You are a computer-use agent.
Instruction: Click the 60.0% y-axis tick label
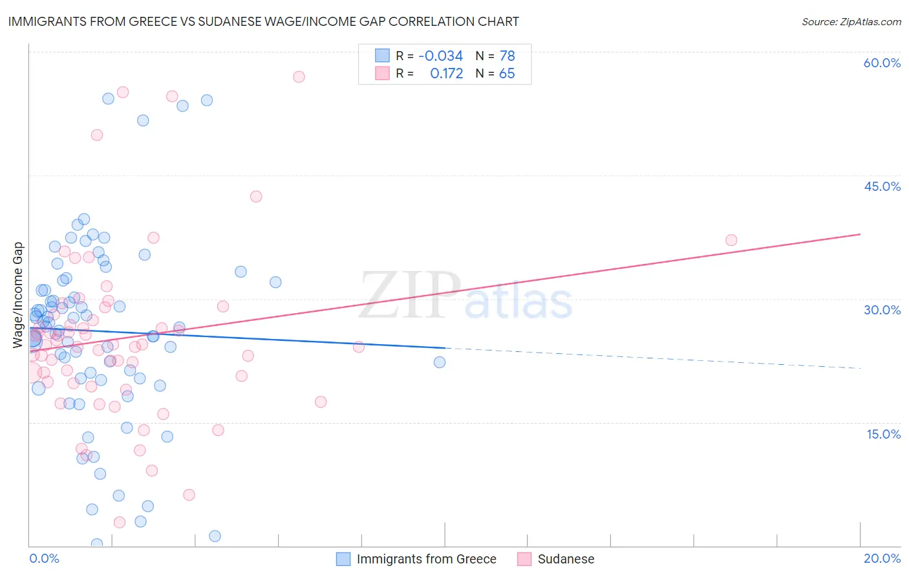click(882, 63)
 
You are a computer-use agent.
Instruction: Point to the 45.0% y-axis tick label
click(882, 186)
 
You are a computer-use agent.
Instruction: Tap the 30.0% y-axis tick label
click(882, 310)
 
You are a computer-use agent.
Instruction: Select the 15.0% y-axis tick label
click(883, 434)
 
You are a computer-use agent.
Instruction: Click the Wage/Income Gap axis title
click(18, 295)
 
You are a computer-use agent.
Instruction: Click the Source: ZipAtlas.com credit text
click(851, 22)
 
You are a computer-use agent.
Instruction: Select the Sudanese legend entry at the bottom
click(565, 560)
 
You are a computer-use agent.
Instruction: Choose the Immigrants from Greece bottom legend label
click(426, 560)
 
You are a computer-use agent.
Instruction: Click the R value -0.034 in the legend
click(440, 56)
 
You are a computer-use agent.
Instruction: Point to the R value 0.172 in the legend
click(446, 74)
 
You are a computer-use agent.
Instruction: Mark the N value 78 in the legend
click(507, 56)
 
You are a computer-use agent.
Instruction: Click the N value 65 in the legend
click(507, 74)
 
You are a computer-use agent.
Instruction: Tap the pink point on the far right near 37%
click(731, 240)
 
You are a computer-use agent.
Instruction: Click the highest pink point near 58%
click(299, 77)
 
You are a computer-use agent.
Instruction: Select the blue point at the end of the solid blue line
click(440, 362)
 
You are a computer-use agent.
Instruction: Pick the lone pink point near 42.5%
click(256, 197)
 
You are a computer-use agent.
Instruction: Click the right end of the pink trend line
click(860, 234)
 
